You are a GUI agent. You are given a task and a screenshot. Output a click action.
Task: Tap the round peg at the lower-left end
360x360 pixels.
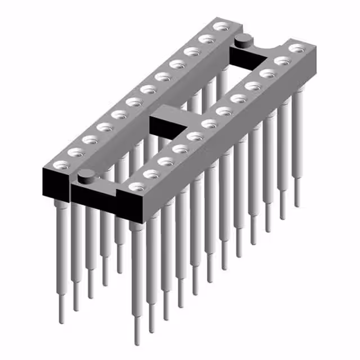pyautogui.click(x=85, y=176)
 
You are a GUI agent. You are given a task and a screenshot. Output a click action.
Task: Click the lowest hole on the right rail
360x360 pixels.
pyautogui.click(x=135, y=186)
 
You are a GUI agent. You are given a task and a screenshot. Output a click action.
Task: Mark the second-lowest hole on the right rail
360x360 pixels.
pyautogui.click(x=150, y=173)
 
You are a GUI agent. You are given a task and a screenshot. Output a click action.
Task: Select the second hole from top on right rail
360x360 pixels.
pyautogui.click(x=281, y=60)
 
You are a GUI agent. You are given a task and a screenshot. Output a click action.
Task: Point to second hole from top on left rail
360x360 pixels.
pyautogui.click(x=207, y=38)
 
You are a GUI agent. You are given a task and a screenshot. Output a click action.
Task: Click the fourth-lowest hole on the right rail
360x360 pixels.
pyautogui.click(x=179, y=148)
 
